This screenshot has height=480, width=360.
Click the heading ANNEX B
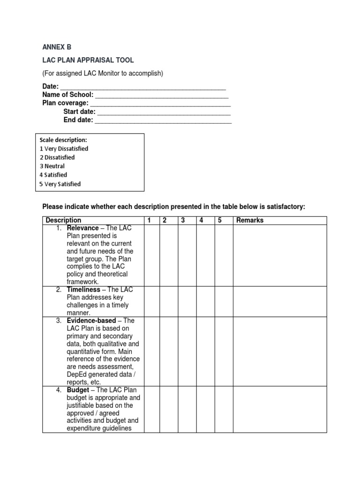tap(57, 47)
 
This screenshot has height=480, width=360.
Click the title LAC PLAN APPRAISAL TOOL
tap(88, 60)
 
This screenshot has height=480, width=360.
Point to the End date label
tap(78, 120)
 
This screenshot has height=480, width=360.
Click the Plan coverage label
tap(65, 103)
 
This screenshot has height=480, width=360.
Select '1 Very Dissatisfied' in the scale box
tap(64, 149)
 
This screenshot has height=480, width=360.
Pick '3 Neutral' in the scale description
tap(52, 166)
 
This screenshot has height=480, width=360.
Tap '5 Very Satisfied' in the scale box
tap(60, 184)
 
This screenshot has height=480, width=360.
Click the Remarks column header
tap(250, 220)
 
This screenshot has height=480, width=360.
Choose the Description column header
tap(63, 220)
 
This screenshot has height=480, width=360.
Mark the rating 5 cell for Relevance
tap(224, 255)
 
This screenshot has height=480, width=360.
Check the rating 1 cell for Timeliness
tap(151, 301)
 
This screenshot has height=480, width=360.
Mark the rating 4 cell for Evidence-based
tap(205, 351)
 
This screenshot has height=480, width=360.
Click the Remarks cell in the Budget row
tap(279, 409)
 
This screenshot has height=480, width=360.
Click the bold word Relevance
tap(82, 228)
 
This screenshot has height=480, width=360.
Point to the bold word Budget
tap(78, 390)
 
